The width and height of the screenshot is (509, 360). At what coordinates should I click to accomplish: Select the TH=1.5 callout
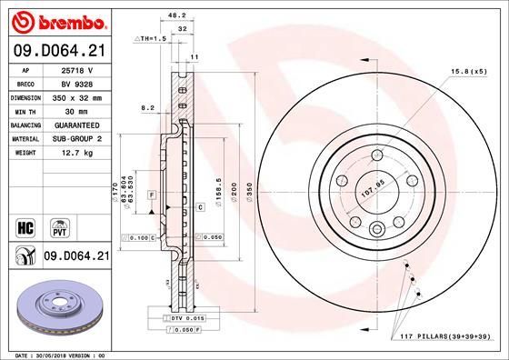tap(151, 39)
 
